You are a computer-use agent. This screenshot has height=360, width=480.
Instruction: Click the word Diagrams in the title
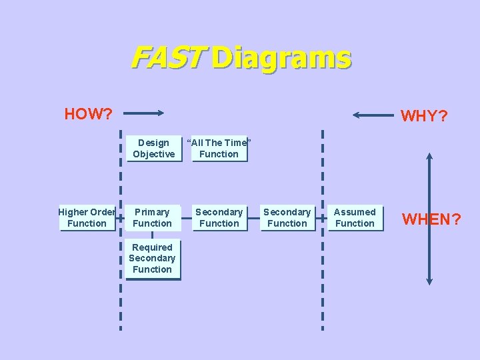[x=281, y=59]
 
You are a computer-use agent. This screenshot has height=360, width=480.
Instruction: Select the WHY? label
[x=424, y=116]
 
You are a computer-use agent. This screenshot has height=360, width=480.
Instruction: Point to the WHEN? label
[x=431, y=219]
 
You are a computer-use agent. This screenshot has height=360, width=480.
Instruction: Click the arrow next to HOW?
[x=143, y=114]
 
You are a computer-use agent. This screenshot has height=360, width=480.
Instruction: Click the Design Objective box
[x=153, y=149]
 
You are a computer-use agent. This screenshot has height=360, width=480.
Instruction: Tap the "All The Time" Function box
[x=219, y=149]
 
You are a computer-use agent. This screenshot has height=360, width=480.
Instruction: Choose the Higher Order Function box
[x=87, y=218]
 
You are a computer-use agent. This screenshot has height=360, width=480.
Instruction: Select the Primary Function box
[x=153, y=218]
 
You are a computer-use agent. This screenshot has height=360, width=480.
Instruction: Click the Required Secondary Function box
[x=153, y=259]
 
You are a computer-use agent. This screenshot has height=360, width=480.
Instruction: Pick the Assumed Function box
[x=355, y=218]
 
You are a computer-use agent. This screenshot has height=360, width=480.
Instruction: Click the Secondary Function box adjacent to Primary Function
[x=219, y=218]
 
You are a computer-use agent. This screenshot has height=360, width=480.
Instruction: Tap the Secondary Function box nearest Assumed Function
[x=287, y=218]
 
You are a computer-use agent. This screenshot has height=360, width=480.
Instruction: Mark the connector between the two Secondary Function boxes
[x=253, y=218]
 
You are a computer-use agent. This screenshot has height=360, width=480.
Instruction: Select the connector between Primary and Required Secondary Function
[x=153, y=235]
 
